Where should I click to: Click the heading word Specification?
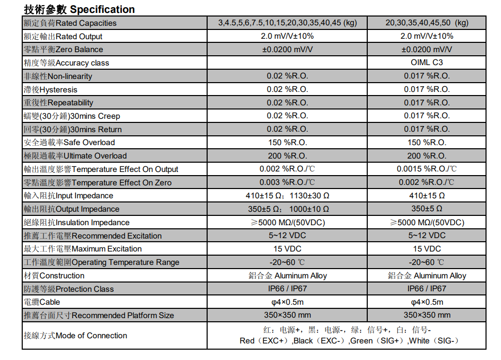click(x=102, y=9)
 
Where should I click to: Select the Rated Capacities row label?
click(x=70, y=23)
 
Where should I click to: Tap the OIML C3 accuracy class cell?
click(x=427, y=62)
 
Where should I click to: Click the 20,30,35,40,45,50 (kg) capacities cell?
click(x=427, y=23)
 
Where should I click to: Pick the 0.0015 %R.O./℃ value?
click(x=427, y=169)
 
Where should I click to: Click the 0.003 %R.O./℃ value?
click(x=287, y=182)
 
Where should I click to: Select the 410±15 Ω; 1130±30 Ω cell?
click(x=287, y=196)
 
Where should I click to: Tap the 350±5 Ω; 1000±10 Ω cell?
click(x=287, y=209)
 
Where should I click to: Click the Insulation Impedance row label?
click(x=76, y=223)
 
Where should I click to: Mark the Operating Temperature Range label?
click(x=101, y=262)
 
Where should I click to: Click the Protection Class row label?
click(x=69, y=289)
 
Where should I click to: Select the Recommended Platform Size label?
click(x=99, y=316)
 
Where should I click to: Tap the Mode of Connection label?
click(x=75, y=336)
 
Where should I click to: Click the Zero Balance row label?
click(x=64, y=50)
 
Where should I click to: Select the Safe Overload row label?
click(x=69, y=143)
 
